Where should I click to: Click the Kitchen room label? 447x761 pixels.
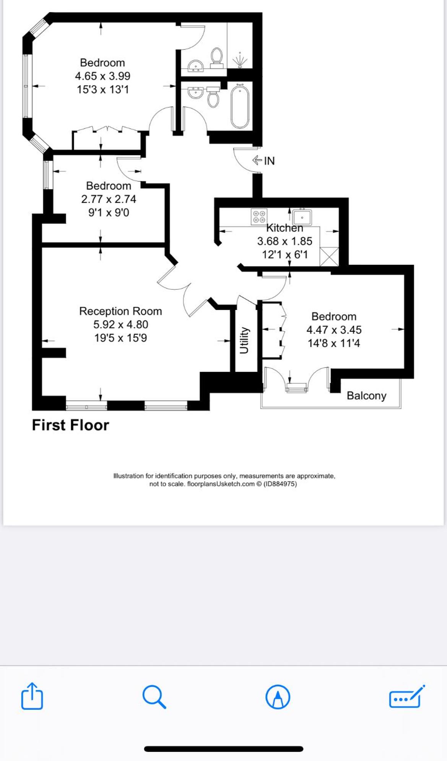click(284, 228)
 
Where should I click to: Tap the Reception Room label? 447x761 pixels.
click(120, 311)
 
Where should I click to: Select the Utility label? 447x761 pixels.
click(244, 341)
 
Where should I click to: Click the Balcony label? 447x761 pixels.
click(366, 396)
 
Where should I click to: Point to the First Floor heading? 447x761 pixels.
click(70, 425)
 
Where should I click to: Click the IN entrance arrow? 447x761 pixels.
click(257, 160)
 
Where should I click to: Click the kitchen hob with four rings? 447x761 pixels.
click(259, 217)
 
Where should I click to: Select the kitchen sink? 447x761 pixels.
click(302, 217)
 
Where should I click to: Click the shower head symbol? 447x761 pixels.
click(240, 60)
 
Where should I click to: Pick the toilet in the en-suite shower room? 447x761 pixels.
click(217, 58)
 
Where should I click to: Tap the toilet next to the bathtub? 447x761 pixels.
click(213, 97)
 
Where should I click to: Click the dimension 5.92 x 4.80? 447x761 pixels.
click(120, 325)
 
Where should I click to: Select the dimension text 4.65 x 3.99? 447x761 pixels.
click(102, 76)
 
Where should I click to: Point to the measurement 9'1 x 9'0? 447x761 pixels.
click(109, 213)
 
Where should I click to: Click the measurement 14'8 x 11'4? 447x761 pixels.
click(334, 343)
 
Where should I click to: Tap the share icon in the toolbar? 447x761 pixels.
click(32, 696)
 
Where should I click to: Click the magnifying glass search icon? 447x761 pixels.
click(154, 697)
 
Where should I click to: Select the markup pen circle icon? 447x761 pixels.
click(278, 697)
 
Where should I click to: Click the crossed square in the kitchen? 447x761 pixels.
click(329, 256)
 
